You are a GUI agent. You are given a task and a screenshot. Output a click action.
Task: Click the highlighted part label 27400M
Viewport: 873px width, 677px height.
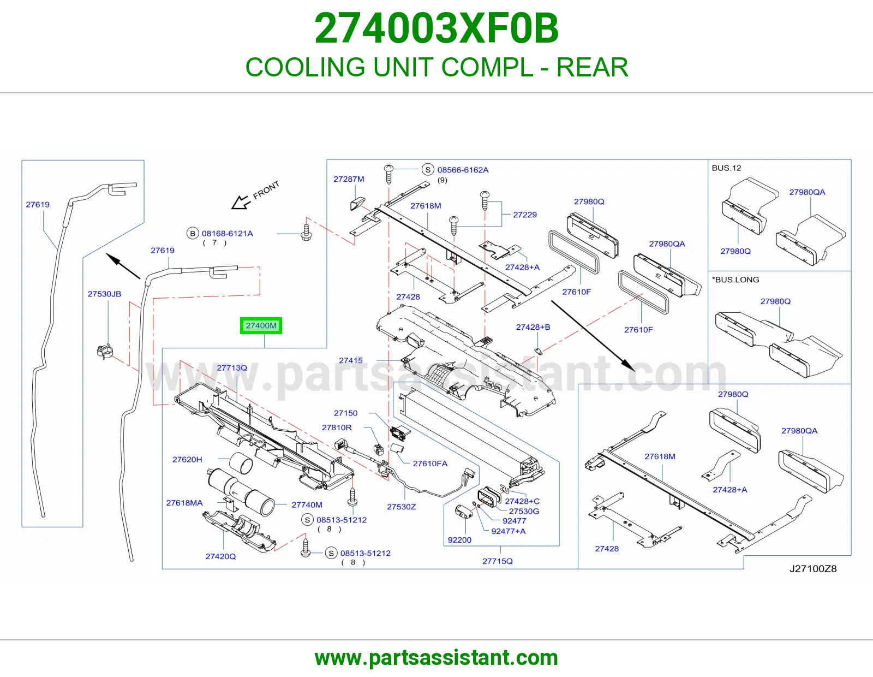261,325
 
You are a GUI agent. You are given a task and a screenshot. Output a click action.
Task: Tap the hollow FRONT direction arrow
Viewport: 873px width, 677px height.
241,202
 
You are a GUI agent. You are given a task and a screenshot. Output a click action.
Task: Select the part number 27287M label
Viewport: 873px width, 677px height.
349,179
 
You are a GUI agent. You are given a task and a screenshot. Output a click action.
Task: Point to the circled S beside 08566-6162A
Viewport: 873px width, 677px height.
428,170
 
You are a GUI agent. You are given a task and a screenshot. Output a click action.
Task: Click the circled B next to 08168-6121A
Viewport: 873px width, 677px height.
193,233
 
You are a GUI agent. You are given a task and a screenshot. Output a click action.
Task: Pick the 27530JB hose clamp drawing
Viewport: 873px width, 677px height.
105,352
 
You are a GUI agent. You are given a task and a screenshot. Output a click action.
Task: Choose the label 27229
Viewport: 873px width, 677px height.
525,215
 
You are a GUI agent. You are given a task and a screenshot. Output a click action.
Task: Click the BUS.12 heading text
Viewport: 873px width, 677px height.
726,168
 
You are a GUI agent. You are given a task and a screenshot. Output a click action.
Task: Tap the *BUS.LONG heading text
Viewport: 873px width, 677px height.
736,280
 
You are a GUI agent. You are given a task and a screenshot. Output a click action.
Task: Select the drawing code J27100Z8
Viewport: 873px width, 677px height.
813,569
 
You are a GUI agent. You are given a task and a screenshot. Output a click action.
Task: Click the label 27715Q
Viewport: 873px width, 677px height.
498,561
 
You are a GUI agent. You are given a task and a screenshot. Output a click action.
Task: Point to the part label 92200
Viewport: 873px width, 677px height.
459,540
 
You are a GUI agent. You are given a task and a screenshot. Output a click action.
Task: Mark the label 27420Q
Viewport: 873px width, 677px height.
220,556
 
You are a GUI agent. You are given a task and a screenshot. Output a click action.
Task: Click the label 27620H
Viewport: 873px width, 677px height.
187,460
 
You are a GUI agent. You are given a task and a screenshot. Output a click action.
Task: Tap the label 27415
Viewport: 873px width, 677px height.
351,360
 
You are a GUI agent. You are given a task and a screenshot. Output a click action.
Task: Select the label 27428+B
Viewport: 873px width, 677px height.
533,327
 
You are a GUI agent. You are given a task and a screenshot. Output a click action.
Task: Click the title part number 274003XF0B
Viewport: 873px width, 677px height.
436,28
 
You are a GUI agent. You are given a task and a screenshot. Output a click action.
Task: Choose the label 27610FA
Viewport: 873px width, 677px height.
430,464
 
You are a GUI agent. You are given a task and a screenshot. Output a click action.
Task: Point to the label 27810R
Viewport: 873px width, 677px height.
337,427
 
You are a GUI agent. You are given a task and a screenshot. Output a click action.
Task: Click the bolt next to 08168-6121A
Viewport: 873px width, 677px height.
307,233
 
